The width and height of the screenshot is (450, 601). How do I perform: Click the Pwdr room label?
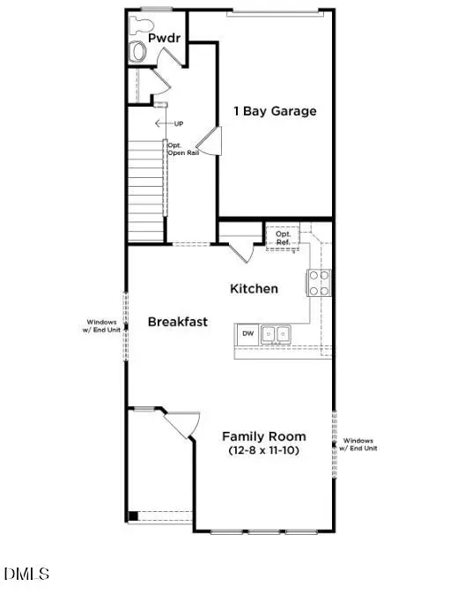pyautogui.click(x=165, y=39)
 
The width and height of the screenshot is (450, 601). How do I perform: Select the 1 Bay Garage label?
pyautogui.click(x=275, y=111)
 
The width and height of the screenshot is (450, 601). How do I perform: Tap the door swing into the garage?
pyautogui.click(x=209, y=140)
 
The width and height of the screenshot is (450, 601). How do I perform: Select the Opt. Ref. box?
pyautogui.click(x=284, y=235)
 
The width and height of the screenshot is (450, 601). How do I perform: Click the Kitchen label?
pyautogui.click(x=254, y=288)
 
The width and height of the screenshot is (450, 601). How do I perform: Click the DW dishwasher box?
pyautogui.click(x=248, y=334)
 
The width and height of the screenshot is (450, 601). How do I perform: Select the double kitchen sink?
pyautogui.click(x=277, y=334)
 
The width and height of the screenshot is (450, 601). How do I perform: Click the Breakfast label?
pyautogui.click(x=178, y=322)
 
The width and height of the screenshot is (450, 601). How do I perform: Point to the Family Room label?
pyautogui.click(x=264, y=436)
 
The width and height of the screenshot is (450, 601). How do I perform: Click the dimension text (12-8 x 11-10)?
pyautogui.click(x=264, y=451)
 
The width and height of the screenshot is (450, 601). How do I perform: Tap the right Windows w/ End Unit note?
pyautogui.click(x=359, y=444)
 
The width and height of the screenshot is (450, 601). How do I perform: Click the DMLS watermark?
pyautogui.click(x=26, y=575)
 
